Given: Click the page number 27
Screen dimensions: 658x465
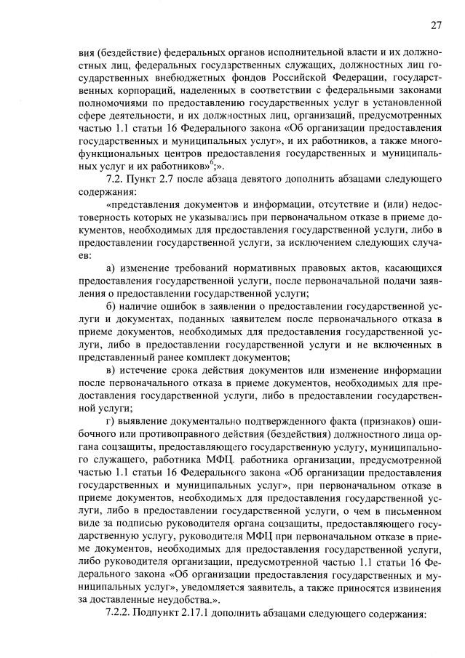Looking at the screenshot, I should click(x=435, y=25).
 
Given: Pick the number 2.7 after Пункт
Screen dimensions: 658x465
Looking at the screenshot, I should click(x=166, y=178).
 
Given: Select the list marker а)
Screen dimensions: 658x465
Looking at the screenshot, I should click(x=111, y=269).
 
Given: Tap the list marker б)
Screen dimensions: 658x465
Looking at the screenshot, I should click(x=111, y=306).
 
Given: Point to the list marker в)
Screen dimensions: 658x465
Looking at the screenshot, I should click(x=111, y=371).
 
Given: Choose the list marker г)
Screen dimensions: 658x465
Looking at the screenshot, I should click(x=111, y=421).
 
